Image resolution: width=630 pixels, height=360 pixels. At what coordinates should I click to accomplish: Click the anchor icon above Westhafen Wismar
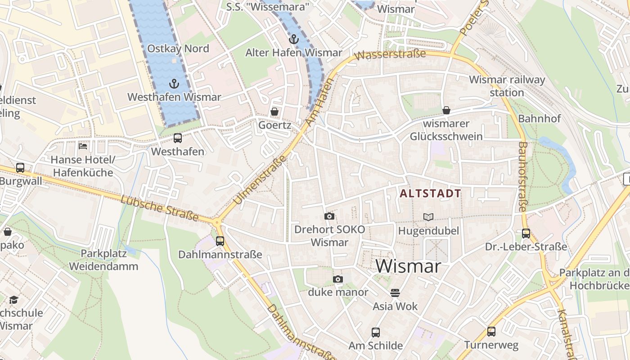(x=174, y=83)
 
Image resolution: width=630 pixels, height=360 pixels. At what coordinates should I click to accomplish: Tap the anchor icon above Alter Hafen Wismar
(x=293, y=39)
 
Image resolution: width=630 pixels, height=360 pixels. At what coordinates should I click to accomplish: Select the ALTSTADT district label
(x=431, y=193)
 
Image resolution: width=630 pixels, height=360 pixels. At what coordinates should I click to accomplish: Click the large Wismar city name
(x=408, y=266)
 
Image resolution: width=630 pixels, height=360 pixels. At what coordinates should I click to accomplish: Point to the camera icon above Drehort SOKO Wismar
(x=329, y=216)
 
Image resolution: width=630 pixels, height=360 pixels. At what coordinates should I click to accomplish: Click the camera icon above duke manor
(x=338, y=279)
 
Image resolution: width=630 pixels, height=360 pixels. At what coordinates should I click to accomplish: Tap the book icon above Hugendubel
(x=428, y=217)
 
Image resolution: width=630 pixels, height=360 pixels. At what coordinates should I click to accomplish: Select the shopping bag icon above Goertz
(x=274, y=112)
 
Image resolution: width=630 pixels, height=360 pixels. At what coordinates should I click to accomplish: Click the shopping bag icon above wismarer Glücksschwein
(x=446, y=110)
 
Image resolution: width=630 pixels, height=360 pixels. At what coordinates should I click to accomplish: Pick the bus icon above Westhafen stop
(x=178, y=138)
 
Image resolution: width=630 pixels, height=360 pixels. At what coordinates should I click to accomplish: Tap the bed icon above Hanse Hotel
(x=83, y=146)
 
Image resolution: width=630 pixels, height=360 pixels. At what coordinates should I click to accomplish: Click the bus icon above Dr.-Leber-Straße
(x=526, y=234)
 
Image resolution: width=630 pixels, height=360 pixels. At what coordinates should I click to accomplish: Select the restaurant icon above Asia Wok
(x=395, y=293)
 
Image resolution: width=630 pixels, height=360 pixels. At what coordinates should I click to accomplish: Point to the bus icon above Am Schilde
(x=376, y=333)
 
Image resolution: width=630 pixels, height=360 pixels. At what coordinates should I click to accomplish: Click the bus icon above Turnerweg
(x=491, y=332)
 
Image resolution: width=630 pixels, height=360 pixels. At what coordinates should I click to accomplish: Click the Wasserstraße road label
(x=390, y=54)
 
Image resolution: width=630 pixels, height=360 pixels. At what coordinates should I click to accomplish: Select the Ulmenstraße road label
(x=260, y=180)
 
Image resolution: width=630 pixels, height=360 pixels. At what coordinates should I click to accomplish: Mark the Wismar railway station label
(x=507, y=86)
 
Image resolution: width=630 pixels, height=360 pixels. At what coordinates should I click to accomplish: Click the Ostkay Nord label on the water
(x=178, y=49)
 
